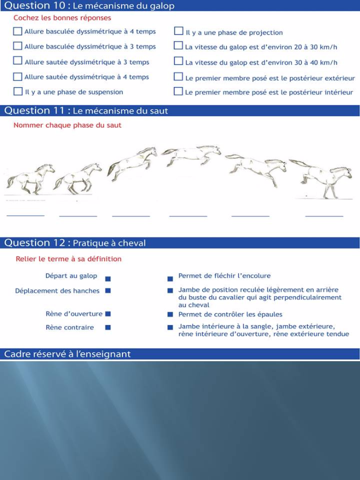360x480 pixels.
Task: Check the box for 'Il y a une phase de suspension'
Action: tap(18, 92)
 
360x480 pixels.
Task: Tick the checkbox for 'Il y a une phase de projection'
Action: tap(178, 32)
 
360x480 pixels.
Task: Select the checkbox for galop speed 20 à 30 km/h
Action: tap(178, 47)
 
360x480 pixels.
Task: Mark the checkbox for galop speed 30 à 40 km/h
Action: tap(178, 62)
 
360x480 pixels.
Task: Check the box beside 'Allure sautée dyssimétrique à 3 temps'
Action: tap(18, 62)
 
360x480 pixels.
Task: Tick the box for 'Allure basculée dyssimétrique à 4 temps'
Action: tap(18, 32)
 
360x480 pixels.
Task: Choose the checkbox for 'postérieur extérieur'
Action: tap(178, 77)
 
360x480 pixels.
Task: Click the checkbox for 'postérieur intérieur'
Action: tap(178, 92)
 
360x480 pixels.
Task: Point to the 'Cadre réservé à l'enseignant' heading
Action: tap(67, 354)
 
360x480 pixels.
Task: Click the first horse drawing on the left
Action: tap(30, 178)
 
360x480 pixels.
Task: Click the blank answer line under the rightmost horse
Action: tap(324, 216)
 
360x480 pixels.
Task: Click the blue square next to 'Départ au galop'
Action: tap(108, 277)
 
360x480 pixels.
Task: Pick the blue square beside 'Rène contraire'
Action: tap(108, 327)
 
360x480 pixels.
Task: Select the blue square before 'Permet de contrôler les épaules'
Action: tap(171, 315)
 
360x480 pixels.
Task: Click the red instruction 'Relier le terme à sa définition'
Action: tap(68, 259)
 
